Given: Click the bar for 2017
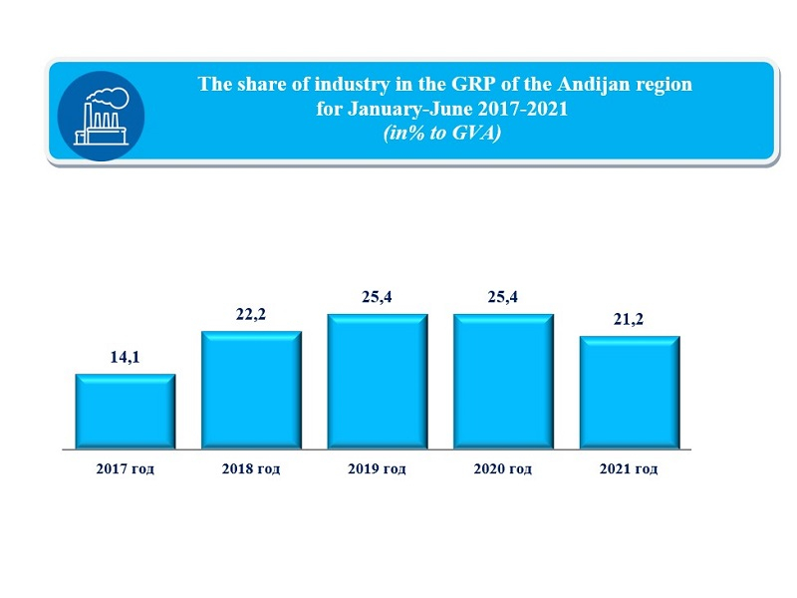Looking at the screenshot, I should tap(126, 411).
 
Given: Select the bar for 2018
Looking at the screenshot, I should tap(251, 390).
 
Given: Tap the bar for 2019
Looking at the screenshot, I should tap(378, 382).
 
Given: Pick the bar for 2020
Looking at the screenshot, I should tap(503, 382).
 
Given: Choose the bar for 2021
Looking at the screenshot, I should tap(630, 393).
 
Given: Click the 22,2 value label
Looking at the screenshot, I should tap(251, 315).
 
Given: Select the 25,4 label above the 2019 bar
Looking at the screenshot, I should tap(378, 297).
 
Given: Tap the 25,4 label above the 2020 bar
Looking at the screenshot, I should tap(503, 297).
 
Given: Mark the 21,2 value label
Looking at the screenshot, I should tap(630, 319).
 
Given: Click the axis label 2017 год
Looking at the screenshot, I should tap(126, 468).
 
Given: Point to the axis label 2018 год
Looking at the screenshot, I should tap(251, 468).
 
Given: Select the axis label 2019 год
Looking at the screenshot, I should tap(378, 468).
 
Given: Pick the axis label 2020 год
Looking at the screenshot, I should tap(503, 468).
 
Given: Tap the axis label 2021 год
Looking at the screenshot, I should tap(630, 468).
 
